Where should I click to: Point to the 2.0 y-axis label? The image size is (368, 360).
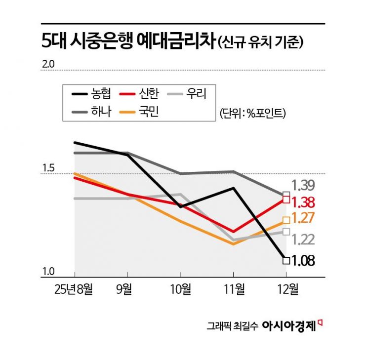click(x=49, y=64)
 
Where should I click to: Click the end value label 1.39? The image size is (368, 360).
click(x=302, y=186)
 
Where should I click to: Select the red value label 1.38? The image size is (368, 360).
click(x=303, y=202)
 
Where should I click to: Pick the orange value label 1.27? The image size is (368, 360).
click(x=303, y=218)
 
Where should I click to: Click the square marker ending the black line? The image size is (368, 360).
click(x=286, y=260)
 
